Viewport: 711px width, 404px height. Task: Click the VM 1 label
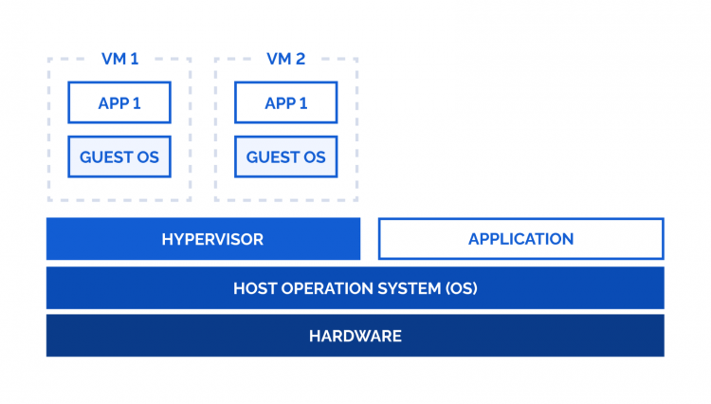click(119, 59)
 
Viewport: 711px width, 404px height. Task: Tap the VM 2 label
click(286, 59)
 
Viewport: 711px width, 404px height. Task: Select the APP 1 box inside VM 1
click(119, 102)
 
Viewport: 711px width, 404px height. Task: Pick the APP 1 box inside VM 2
click(286, 102)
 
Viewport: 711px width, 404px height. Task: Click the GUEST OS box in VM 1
click(119, 156)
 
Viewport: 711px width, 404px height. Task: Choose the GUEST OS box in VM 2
click(286, 156)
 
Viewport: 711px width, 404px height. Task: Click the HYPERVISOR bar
click(203, 239)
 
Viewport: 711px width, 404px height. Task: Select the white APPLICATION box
click(520, 239)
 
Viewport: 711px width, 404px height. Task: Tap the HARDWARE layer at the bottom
click(355, 336)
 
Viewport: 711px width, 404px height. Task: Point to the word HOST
click(254, 288)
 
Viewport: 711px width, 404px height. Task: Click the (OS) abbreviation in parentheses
click(459, 288)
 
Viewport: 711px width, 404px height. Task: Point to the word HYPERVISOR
click(211, 239)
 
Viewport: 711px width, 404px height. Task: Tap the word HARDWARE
click(355, 336)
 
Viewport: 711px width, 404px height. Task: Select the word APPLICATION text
click(520, 239)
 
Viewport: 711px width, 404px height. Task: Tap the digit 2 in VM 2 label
click(301, 59)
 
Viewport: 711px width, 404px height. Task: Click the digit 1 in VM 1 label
click(135, 59)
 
